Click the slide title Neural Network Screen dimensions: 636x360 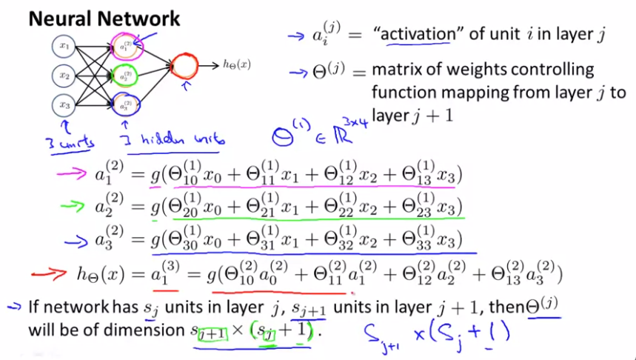click(104, 17)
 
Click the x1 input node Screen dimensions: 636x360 click(65, 47)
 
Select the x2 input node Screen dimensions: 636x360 click(65, 76)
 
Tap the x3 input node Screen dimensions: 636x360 click(65, 104)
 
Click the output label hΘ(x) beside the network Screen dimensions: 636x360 click(236, 65)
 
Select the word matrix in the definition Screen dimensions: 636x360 click(398, 71)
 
